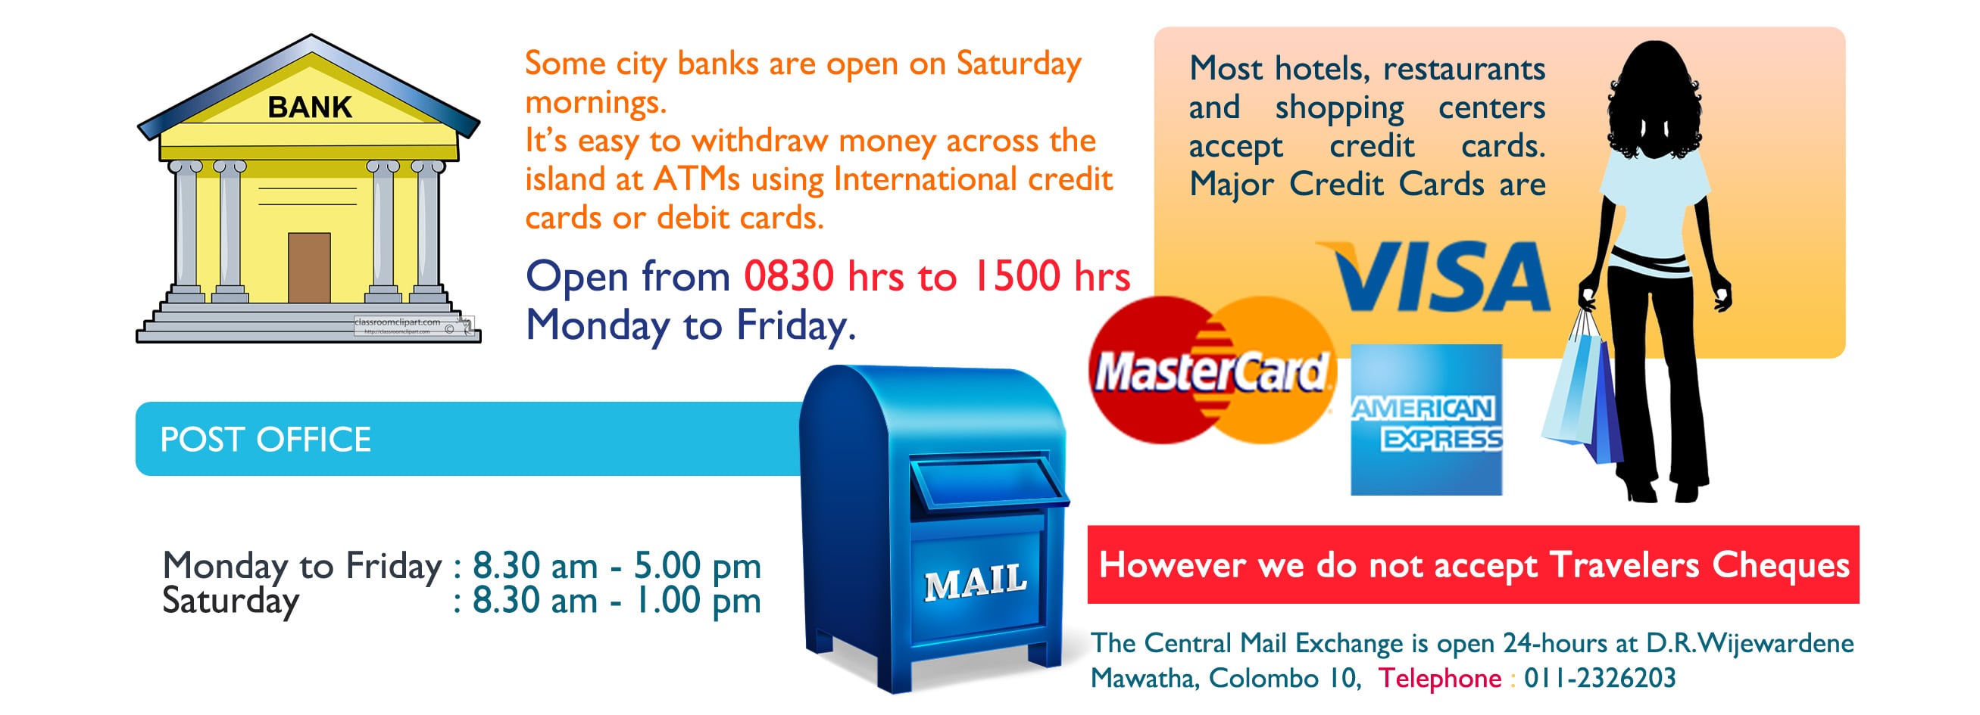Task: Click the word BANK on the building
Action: [310, 107]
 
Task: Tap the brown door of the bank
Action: [309, 268]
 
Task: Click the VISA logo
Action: [1435, 276]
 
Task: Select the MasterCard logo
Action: [1213, 370]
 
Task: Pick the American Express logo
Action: [1426, 419]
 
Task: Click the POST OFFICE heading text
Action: [265, 440]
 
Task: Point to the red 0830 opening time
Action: [789, 275]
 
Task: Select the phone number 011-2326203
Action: [1600, 677]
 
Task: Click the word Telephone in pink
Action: [1439, 677]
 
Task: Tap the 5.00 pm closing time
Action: [697, 566]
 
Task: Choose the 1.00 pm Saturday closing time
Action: [697, 601]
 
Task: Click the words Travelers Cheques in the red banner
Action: [1699, 566]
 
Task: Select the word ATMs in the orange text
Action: [696, 179]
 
